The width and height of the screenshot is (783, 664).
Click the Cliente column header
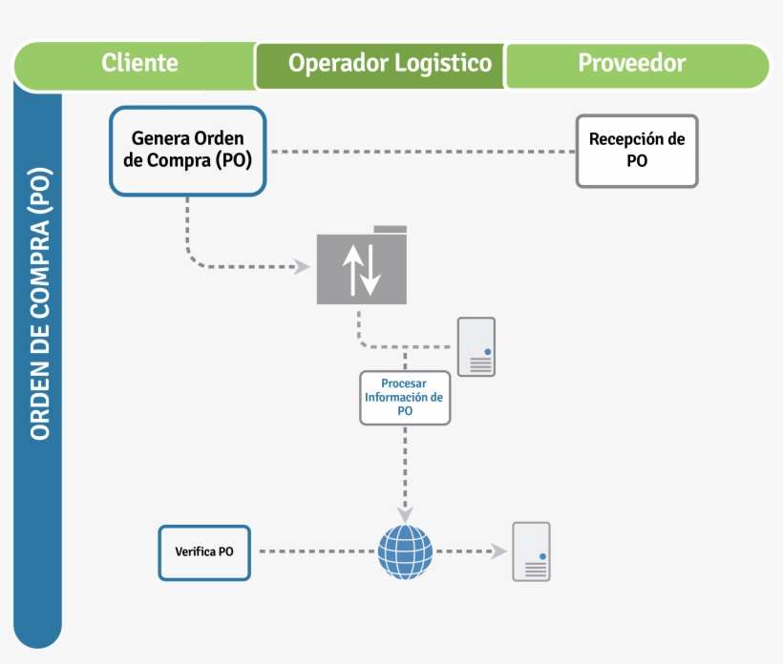[139, 63]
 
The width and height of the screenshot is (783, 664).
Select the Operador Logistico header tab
[390, 64]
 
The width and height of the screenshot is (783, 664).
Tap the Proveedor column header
[631, 63]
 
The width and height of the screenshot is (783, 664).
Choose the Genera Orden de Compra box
[187, 151]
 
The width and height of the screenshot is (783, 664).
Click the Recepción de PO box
[637, 151]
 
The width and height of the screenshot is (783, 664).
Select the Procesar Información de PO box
[405, 397]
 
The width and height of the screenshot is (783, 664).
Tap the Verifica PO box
[204, 551]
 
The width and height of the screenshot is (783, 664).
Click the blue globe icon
[405, 551]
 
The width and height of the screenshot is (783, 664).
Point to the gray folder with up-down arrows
[362, 268]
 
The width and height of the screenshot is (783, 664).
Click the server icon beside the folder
[476, 346]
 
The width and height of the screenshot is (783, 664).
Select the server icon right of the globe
[531, 551]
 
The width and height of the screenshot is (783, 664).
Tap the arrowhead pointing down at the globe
[405, 515]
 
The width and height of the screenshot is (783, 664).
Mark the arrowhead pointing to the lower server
[497, 551]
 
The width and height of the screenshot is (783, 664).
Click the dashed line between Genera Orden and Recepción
[420, 152]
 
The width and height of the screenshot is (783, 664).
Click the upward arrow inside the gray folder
[351, 268]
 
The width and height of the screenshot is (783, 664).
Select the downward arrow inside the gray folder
[371, 270]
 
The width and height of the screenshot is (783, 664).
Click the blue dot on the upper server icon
[487, 351]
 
